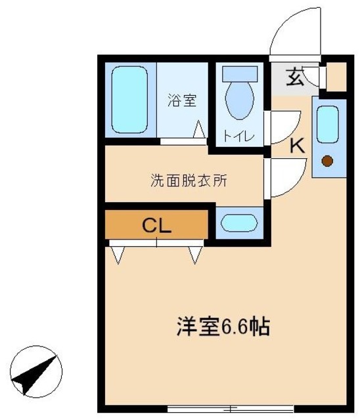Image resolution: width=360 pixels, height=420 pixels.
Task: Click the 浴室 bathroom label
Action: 182,100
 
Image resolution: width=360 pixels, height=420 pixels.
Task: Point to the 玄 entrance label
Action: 296,78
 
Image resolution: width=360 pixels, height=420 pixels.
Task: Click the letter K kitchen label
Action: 298,146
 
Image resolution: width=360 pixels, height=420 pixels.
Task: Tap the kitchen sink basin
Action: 328,124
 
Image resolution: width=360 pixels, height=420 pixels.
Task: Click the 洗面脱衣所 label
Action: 189,181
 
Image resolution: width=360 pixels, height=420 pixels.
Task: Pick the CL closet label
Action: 157,226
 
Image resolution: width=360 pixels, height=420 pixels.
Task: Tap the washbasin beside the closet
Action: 239,223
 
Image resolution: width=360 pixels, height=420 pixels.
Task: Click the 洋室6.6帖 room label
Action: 224,326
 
